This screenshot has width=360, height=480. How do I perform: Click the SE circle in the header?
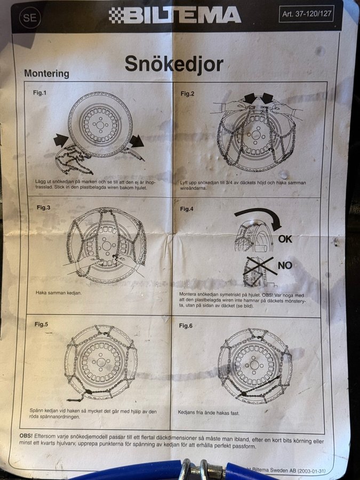30,18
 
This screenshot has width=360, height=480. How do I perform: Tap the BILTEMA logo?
175,15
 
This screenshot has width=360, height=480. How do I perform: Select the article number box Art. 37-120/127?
307,14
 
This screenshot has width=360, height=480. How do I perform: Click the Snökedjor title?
174,64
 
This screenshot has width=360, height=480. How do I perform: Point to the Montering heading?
46,74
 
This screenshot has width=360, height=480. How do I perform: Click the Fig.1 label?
40,92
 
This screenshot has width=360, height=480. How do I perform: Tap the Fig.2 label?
187,94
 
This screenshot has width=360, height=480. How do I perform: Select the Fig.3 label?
44,207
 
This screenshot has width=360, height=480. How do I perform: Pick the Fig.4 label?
187,209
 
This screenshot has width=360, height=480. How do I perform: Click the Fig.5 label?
41,324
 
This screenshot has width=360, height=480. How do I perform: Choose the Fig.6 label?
186,326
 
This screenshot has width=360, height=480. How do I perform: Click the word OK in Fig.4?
285,239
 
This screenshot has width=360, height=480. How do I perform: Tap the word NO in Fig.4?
285,265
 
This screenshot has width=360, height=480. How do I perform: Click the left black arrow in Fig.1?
61,140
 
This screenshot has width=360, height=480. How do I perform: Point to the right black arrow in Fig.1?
137,141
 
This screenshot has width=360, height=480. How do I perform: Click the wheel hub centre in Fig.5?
101,363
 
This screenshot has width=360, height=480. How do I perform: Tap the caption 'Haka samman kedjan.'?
59,293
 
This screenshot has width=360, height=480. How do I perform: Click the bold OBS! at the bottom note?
26,435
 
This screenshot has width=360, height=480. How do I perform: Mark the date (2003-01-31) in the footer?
311,471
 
